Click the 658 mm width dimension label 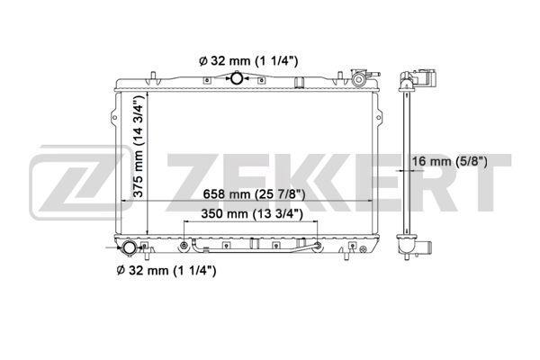pos(254,194)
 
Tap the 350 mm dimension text pos(252,214)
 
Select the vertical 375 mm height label pos(139,146)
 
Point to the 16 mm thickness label pos(450,161)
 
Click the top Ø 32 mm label pos(248,61)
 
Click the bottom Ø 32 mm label pos(166,270)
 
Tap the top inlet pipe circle pos(237,78)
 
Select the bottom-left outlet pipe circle pos(129,248)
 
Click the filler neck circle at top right pos(358,80)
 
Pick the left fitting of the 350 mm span pos(184,246)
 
